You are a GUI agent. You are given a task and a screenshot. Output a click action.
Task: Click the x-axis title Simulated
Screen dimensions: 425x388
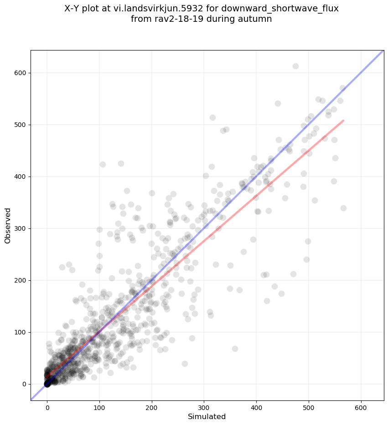(207, 416)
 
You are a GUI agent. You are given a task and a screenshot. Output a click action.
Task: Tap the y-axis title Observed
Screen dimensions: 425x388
(8, 226)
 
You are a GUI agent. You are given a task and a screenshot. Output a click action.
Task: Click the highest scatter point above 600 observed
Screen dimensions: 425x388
(295, 66)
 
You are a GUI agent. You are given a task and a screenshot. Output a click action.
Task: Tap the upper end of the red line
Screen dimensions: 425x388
(343, 121)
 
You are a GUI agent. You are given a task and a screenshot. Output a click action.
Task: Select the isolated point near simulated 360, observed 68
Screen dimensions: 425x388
(235, 349)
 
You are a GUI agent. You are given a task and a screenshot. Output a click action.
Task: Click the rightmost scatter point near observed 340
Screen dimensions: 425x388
(343, 208)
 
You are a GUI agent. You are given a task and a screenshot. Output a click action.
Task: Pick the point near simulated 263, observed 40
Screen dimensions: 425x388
(185, 364)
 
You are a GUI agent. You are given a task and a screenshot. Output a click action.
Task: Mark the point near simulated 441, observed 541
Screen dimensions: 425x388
(278, 103)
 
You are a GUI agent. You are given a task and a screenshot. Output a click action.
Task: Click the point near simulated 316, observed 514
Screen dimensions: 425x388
(212, 117)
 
